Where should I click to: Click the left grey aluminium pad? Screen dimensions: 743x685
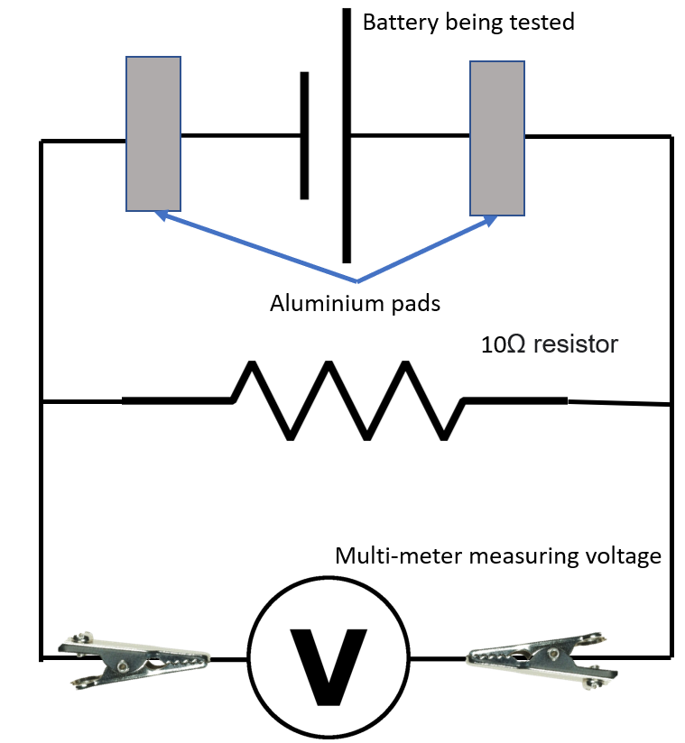tap(153, 133)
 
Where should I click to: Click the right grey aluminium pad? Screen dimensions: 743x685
tap(497, 138)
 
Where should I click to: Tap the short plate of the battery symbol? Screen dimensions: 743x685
tap(304, 135)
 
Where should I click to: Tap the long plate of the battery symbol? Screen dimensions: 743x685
tap(347, 135)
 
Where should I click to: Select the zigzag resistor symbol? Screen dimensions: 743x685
tap(347, 400)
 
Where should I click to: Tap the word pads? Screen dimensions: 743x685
tap(416, 304)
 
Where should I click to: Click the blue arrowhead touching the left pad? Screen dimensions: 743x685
tap(161, 215)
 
